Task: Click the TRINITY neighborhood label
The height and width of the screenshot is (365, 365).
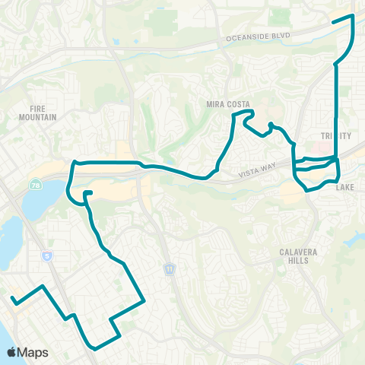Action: tap(335, 135)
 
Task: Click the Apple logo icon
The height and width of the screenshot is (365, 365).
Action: tap(12, 352)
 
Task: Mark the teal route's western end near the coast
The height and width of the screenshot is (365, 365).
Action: tap(13, 302)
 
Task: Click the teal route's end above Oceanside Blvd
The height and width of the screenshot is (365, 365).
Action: tap(332, 22)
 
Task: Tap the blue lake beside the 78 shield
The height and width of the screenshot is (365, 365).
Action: tap(34, 202)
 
